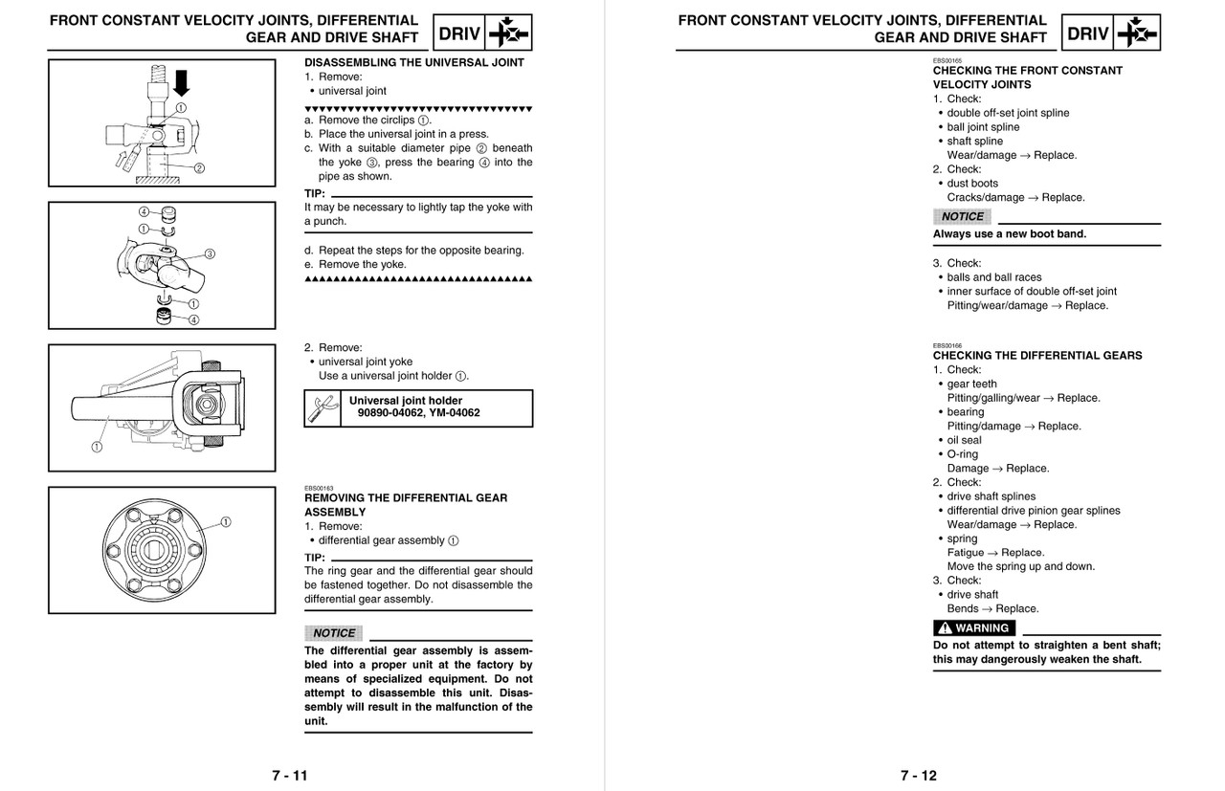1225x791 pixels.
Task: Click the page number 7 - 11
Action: point(289,775)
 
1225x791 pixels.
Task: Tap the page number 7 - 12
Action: point(918,775)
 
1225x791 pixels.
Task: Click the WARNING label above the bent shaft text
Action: point(974,628)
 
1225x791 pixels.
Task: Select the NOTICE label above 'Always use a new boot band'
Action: point(961,216)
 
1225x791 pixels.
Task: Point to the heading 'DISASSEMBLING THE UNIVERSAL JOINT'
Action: point(413,62)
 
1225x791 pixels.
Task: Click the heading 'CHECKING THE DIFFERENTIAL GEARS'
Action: point(1036,355)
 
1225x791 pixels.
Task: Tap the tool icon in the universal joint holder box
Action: point(319,408)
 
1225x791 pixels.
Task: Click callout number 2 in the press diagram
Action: point(199,169)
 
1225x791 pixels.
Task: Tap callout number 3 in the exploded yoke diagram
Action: point(210,253)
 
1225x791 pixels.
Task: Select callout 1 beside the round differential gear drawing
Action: point(226,521)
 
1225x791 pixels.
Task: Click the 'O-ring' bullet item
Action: point(962,454)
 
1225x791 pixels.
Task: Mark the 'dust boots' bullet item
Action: point(971,183)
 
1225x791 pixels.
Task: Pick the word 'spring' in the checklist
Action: point(962,538)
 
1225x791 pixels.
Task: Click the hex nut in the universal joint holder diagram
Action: point(206,406)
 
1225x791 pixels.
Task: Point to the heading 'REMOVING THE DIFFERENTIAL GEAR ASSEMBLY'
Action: point(406,504)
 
